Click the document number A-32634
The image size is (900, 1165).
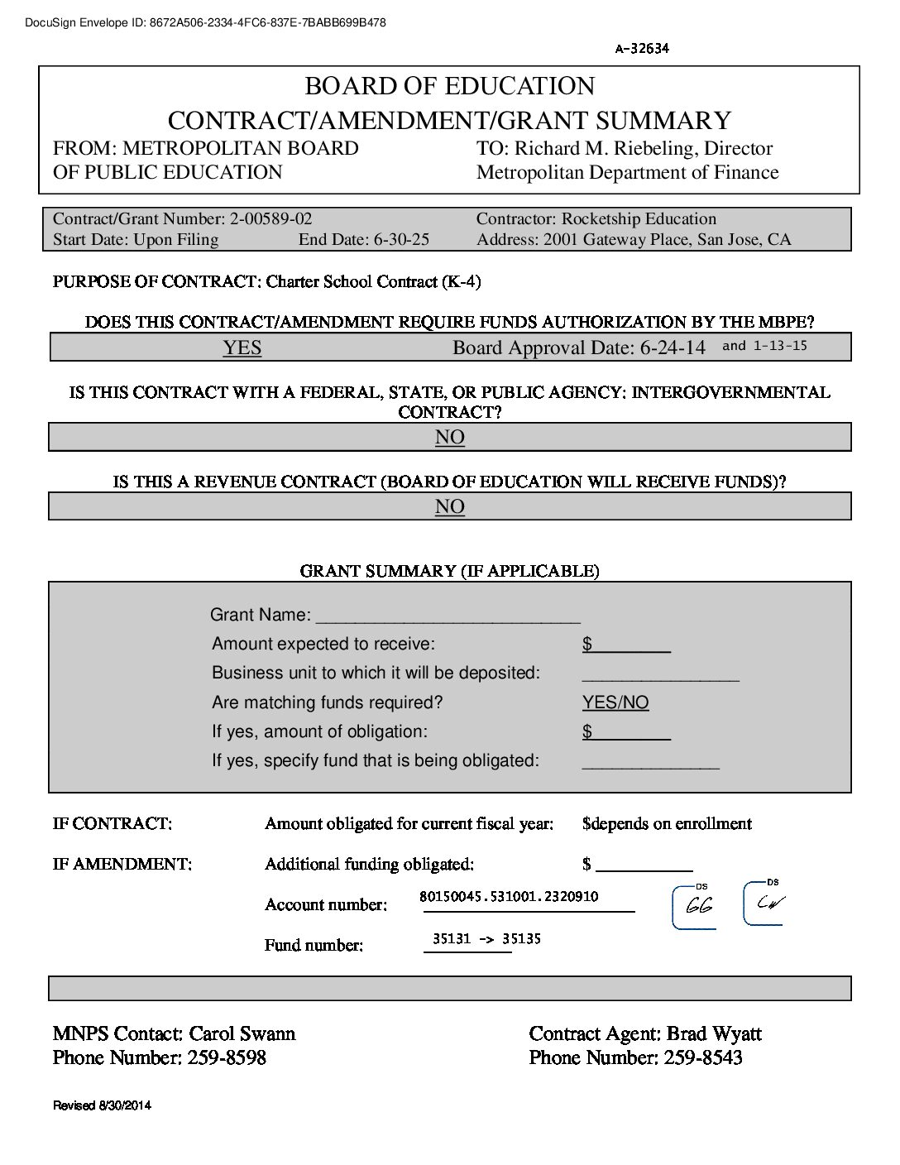tap(642, 48)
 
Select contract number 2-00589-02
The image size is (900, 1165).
tap(270, 219)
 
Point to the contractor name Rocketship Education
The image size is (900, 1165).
tap(639, 219)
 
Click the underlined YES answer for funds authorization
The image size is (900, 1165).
tap(242, 348)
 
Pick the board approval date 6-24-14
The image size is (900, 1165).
tap(673, 348)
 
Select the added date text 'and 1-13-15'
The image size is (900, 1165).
tap(764, 346)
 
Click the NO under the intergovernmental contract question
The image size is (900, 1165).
tap(450, 437)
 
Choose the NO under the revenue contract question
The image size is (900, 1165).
tap(450, 506)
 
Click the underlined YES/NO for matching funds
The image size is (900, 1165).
tap(615, 702)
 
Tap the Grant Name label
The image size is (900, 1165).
tap(261, 615)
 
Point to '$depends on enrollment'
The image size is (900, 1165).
tap(667, 823)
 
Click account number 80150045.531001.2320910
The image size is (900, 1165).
tap(509, 896)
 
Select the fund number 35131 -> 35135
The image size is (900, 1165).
tap(486, 938)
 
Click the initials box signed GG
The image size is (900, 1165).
tap(695, 907)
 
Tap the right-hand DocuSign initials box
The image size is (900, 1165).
tap(766, 903)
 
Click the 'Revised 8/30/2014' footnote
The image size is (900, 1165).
tap(102, 1105)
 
